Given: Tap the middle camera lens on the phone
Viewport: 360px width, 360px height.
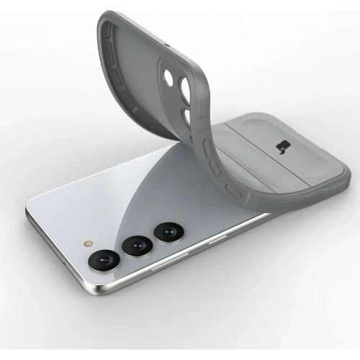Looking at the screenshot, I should tap(136, 246).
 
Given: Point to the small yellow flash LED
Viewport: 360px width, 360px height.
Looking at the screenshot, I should tap(89, 243).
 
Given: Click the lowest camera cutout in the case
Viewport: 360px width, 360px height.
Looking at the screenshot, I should tap(186, 117).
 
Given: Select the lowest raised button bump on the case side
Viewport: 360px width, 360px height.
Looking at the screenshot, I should tap(233, 191).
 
